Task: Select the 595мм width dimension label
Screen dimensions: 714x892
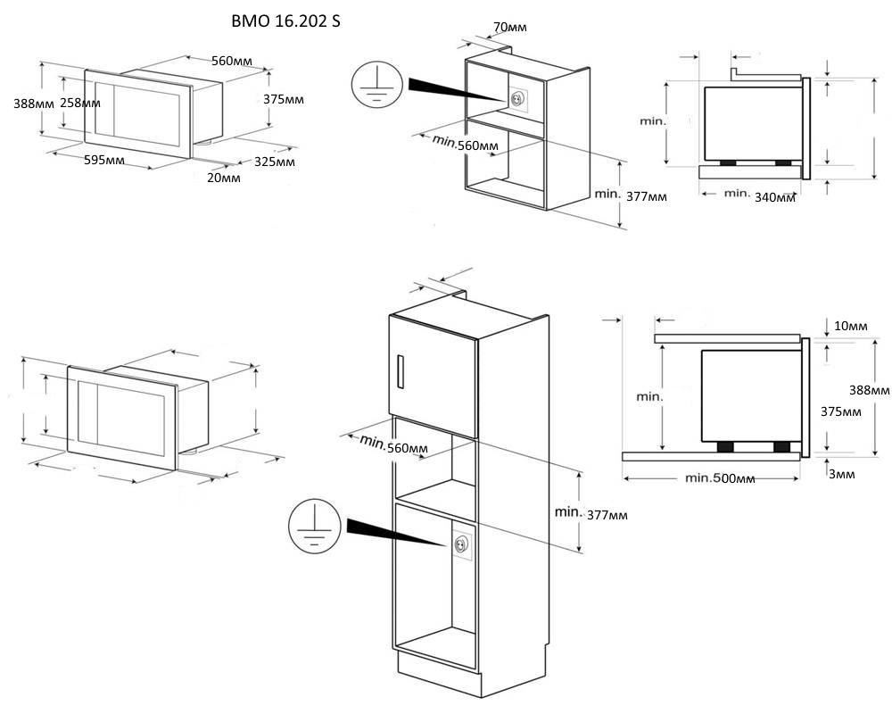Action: coord(103,161)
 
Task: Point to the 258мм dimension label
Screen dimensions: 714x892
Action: coord(79,103)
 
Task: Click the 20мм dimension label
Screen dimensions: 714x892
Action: coord(223,178)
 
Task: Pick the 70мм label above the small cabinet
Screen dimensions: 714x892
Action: coord(509,28)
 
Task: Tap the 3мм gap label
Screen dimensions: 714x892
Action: coord(840,474)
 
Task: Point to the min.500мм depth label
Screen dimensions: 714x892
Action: coord(721,478)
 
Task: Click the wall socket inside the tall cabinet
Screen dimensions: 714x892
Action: coord(461,544)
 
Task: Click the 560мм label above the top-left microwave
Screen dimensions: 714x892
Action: coord(230,61)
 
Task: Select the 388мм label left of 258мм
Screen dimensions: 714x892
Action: coord(34,103)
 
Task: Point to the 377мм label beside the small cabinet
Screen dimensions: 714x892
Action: coord(645,196)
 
